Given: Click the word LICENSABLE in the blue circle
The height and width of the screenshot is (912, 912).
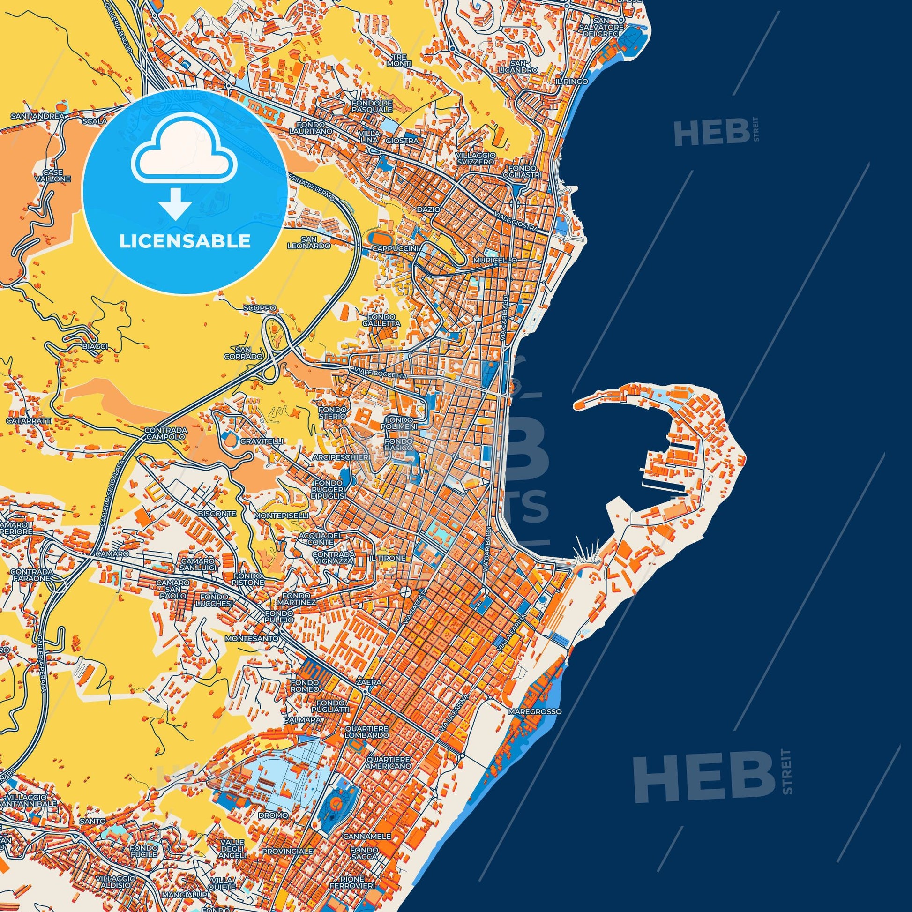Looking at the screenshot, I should (185, 241).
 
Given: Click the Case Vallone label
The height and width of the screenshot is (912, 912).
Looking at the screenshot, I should (56, 176).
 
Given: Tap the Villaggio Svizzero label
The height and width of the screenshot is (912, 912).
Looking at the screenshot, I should (476, 158).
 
